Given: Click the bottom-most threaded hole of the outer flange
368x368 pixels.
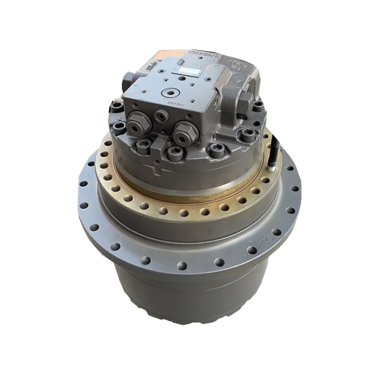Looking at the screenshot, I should tap(182, 265).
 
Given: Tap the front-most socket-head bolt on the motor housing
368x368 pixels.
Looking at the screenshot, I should tap(174, 154).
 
